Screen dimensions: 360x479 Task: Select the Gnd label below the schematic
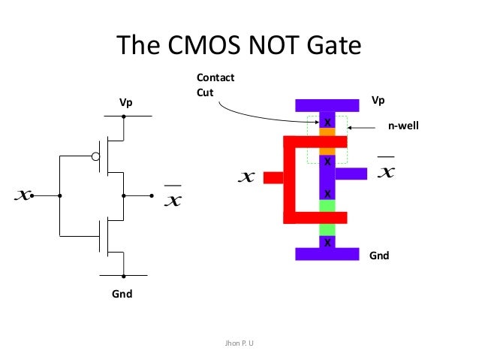click(x=122, y=294)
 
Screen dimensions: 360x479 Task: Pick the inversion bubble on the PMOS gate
click(x=95, y=156)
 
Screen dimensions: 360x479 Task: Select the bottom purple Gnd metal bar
click(x=327, y=254)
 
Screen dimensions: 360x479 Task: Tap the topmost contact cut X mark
click(x=327, y=121)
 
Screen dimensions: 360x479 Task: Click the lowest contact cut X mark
click(x=327, y=242)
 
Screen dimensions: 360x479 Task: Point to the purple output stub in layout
click(x=350, y=174)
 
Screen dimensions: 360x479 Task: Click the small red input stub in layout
click(x=273, y=177)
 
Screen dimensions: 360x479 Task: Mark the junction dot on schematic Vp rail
click(x=125, y=116)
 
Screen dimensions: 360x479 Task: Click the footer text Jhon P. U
click(x=239, y=344)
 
